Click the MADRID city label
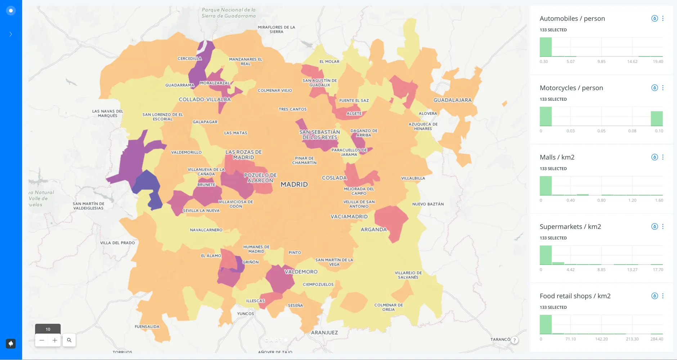coord(294,184)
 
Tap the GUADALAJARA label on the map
coord(452,100)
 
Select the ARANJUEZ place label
coord(324,333)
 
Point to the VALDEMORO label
coord(301,272)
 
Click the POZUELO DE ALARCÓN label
coord(260,177)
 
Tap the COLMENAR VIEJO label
coord(275,90)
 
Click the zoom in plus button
coord(55,340)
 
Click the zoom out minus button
coord(42,340)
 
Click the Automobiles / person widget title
coord(572,18)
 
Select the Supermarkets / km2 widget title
coord(570,226)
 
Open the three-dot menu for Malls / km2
coord(663,157)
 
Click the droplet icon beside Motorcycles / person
coord(654,88)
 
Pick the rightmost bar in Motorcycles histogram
coord(656,118)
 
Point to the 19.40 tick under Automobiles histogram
coord(658,62)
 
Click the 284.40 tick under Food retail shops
coord(656,339)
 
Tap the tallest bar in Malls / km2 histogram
coord(546,186)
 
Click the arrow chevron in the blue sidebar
coord(11,34)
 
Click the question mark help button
coord(515,340)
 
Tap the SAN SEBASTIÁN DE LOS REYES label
coord(320,135)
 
